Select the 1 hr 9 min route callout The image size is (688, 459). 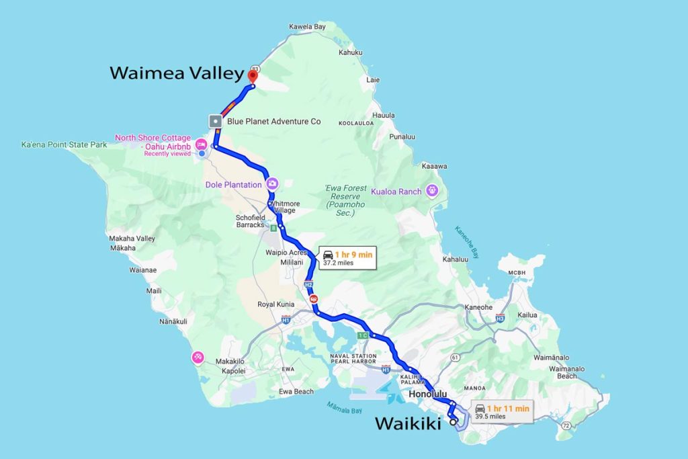[347, 257]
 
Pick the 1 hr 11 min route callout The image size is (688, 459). [502, 411]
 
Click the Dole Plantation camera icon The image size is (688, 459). [273, 183]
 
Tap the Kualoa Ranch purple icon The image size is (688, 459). [431, 191]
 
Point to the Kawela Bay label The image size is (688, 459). [307, 27]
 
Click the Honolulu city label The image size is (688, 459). [427, 394]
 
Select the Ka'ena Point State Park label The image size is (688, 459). [64, 144]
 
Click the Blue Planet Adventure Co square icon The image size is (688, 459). [215, 122]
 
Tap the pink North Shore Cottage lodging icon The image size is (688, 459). [201, 144]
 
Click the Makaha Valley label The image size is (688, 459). [132, 239]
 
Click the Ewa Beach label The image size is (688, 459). [296, 391]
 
